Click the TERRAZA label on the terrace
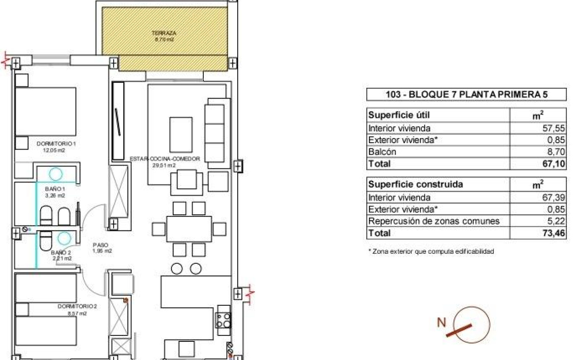[x=165, y=33]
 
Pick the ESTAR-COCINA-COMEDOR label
[x=165, y=159]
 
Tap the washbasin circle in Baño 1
[x=55, y=174]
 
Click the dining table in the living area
[x=188, y=229]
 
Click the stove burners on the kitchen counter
[x=224, y=319]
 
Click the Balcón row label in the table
[x=382, y=152]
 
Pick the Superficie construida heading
[x=410, y=185]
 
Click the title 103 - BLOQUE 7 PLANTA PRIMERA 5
[x=466, y=94]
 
